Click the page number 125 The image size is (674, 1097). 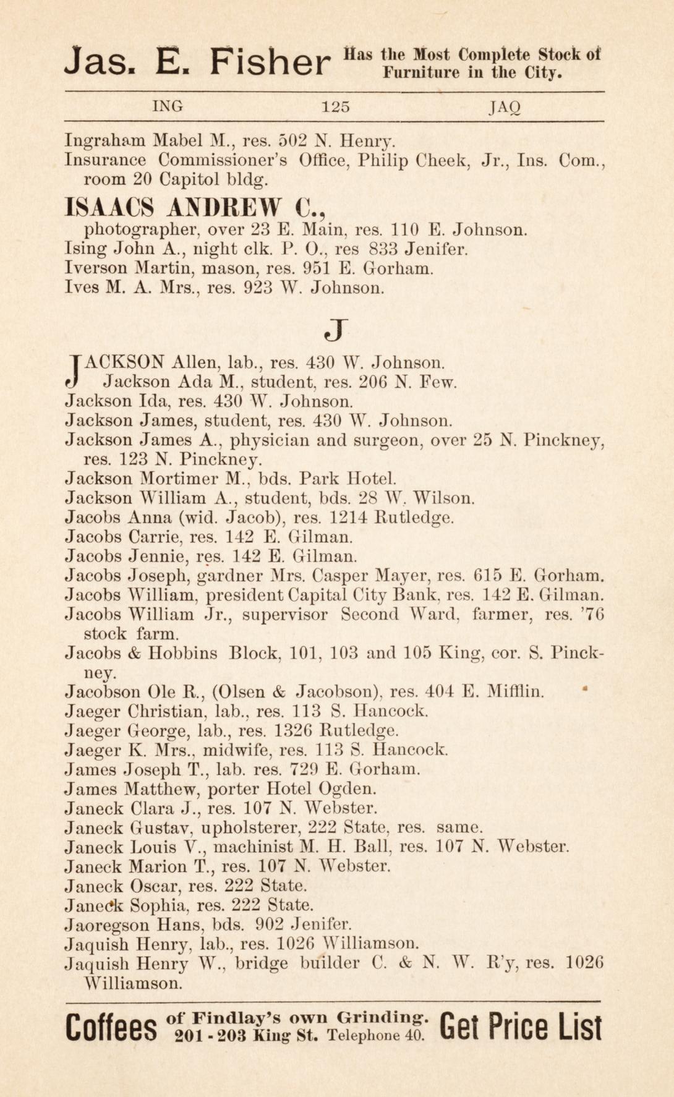pos(336,106)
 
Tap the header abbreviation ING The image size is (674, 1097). pos(168,106)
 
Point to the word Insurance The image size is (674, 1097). pos(105,160)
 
